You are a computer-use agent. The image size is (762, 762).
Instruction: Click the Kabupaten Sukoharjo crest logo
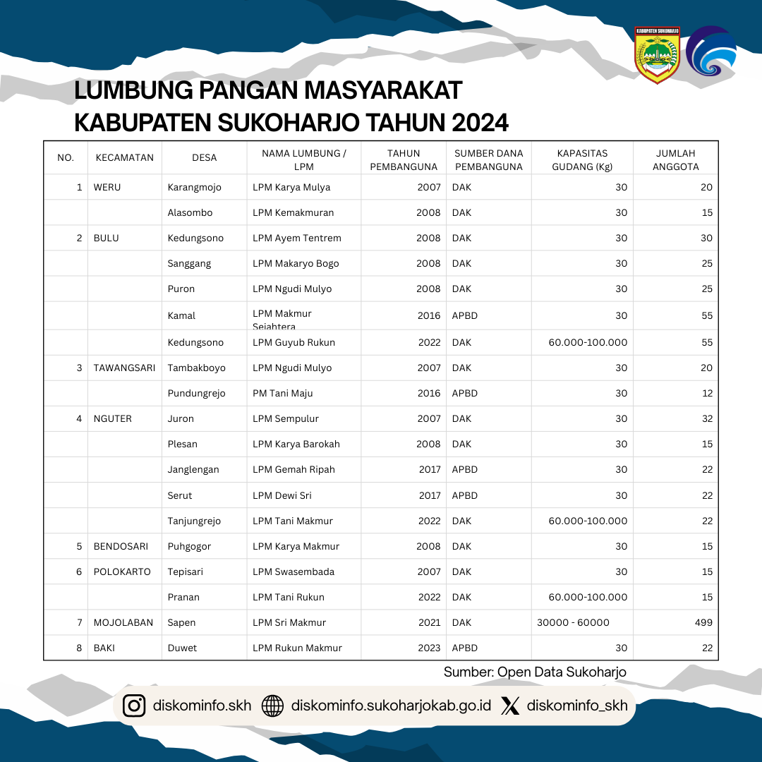(657, 56)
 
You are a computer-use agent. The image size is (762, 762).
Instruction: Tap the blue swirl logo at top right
(711, 52)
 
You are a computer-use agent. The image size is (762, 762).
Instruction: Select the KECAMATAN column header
(124, 157)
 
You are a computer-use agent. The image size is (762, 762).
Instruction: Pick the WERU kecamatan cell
(107, 187)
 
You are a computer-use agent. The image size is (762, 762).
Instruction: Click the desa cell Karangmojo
(195, 187)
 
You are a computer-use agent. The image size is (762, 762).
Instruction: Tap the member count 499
(702, 622)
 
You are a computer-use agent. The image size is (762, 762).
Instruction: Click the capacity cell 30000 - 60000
(573, 622)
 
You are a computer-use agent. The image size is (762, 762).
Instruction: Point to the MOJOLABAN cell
(123, 622)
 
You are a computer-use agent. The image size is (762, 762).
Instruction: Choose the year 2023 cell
(429, 648)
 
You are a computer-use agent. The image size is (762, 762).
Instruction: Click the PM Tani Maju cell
(282, 393)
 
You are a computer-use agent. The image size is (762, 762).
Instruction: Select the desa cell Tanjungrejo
(194, 521)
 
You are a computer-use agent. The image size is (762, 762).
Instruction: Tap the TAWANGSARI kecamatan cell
(124, 368)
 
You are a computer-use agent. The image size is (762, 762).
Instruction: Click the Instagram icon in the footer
(134, 706)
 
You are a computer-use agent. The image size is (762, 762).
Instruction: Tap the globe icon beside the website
(272, 706)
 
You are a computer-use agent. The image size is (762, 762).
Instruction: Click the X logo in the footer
(510, 706)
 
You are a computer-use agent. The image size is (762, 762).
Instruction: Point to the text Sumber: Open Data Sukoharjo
(535, 672)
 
